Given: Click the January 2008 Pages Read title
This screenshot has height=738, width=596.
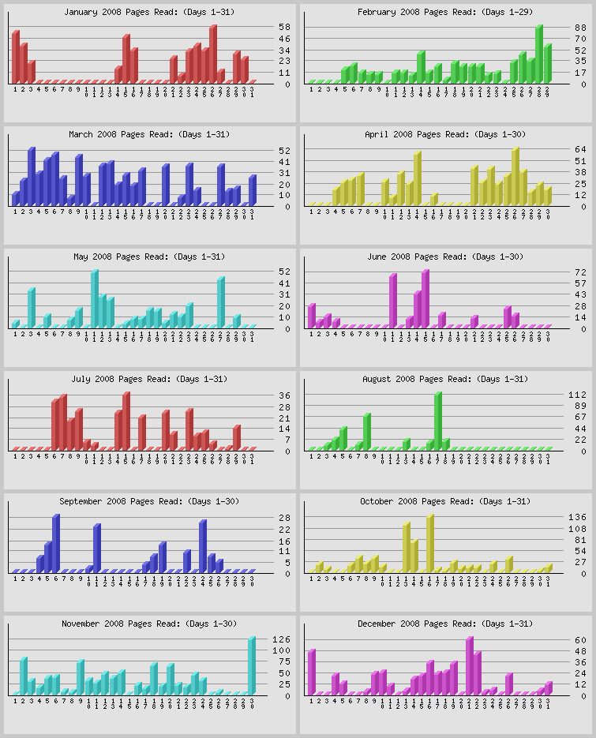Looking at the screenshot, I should (149, 13).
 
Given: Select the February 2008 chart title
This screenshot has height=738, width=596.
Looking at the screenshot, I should (445, 13).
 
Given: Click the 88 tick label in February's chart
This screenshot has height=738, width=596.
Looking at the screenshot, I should (580, 27).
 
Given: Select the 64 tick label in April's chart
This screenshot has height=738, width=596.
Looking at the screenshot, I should (580, 149).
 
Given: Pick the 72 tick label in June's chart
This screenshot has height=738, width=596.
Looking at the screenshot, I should (580, 272).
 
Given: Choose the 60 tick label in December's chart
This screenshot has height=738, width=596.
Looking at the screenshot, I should (580, 639).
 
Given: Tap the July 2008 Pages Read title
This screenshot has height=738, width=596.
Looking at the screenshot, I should (149, 380).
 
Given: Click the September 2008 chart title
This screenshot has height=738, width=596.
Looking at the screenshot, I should (149, 502).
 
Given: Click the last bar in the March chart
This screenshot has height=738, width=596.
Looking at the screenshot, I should (252, 190).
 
